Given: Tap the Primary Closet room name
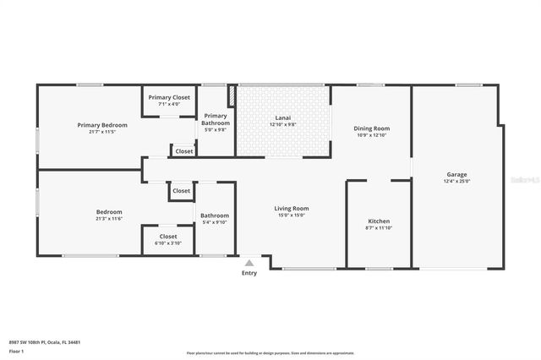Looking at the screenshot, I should pyautogui.click(x=169, y=97).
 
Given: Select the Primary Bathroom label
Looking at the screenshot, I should pyautogui.click(x=216, y=119).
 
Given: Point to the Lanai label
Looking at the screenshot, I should pyautogui.click(x=282, y=117).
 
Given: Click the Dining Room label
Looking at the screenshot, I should pyautogui.click(x=371, y=128).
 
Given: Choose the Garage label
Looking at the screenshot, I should pyautogui.click(x=456, y=175).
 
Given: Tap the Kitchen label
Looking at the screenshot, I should pyautogui.click(x=378, y=221).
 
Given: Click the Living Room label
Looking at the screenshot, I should pyautogui.click(x=291, y=208).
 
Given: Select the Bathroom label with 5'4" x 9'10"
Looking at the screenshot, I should pyautogui.click(x=215, y=215).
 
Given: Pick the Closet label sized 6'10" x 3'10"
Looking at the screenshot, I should pyautogui.click(x=168, y=237).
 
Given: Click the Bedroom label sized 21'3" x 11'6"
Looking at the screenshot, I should pyautogui.click(x=109, y=212).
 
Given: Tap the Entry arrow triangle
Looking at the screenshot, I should pyautogui.click(x=249, y=263).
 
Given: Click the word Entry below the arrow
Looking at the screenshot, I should pyautogui.click(x=249, y=273).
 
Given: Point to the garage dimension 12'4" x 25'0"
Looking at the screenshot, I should pyautogui.click(x=456, y=182).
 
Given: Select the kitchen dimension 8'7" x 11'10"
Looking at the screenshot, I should pyautogui.click(x=378, y=228).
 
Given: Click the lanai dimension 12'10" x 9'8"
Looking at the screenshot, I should pyautogui.click(x=282, y=124).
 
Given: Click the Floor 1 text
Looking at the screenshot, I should pyautogui.click(x=16, y=350).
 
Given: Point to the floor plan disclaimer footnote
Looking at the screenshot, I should pyautogui.click(x=270, y=352).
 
